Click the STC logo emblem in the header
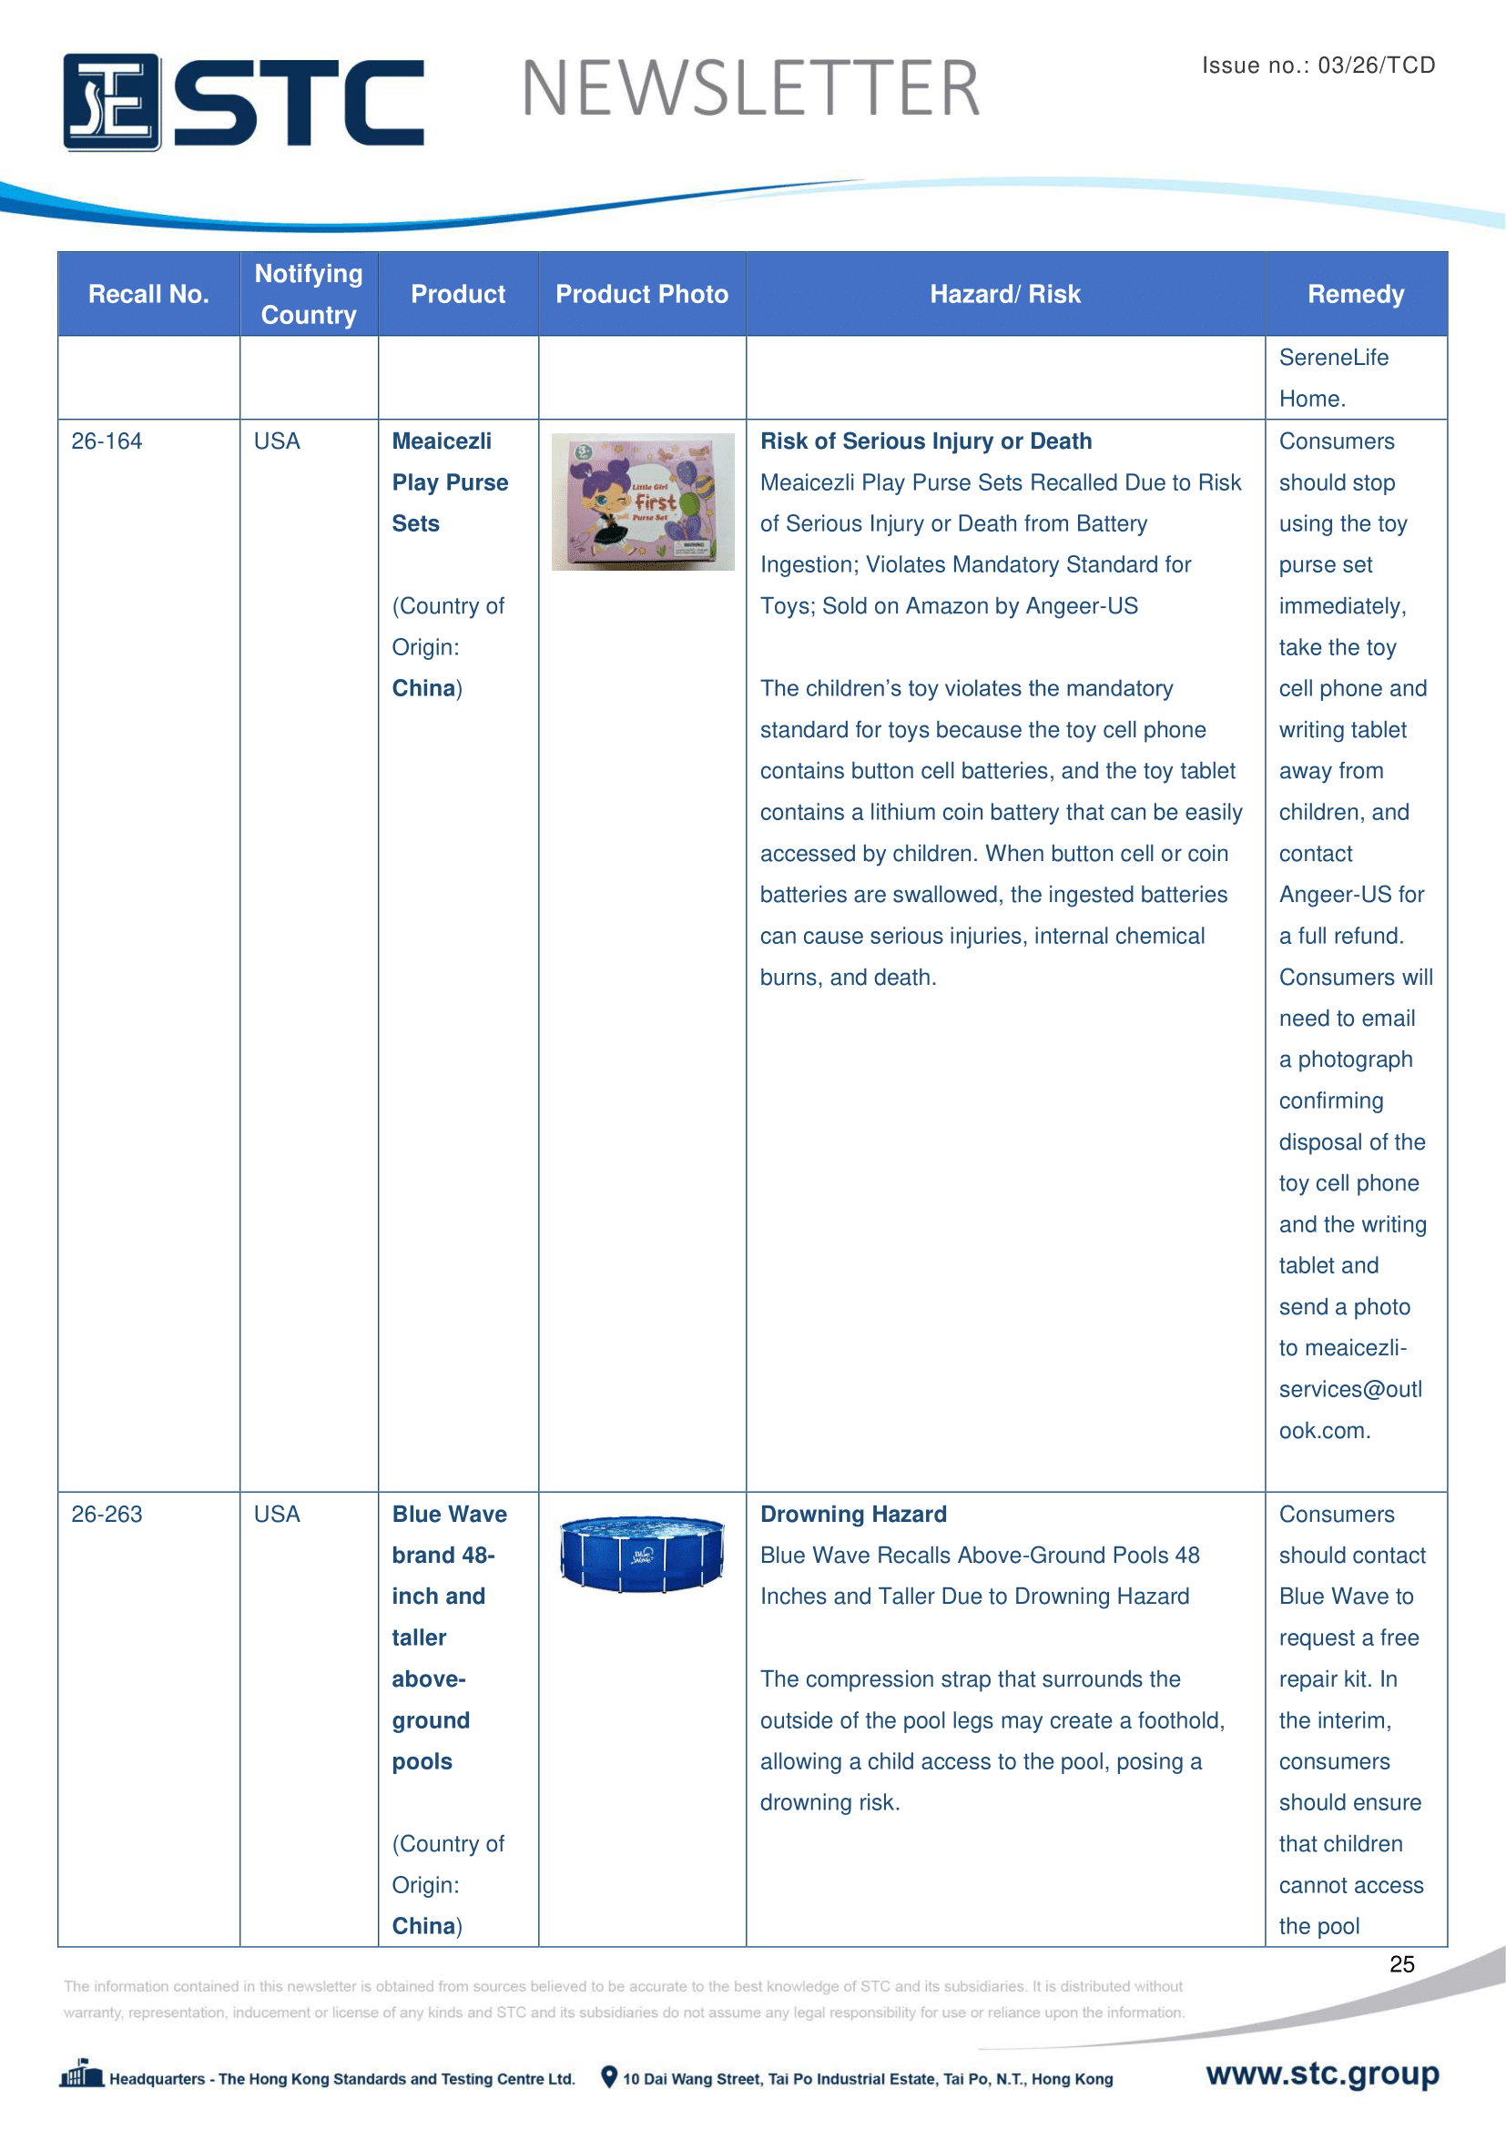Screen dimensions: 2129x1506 [x=111, y=102]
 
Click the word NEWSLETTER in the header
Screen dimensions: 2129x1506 [x=750, y=89]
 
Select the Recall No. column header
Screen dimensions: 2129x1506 [x=148, y=294]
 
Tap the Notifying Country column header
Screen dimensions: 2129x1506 [x=309, y=294]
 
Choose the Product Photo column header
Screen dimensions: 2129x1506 [x=642, y=294]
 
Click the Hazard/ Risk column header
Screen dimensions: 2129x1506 [x=1005, y=294]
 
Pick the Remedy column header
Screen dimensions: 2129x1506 [x=1355, y=294]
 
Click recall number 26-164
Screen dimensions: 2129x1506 [x=107, y=441]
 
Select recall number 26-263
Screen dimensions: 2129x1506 [x=107, y=1515]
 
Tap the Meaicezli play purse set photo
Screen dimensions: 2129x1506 [x=643, y=502]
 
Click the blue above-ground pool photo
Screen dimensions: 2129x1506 [x=642, y=1554]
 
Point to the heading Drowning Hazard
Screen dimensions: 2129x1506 [x=853, y=1515]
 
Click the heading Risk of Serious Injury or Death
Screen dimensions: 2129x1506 [x=925, y=441]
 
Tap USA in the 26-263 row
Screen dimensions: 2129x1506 [x=278, y=1515]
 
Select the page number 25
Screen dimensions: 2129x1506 [x=1401, y=1964]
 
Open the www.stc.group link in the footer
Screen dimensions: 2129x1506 [x=1322, y=2073]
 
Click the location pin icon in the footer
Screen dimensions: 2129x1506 [x=608, y=2077]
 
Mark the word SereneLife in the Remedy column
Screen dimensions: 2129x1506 [x=1334, y=358]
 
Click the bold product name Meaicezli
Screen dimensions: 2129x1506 [x=442, y=441]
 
